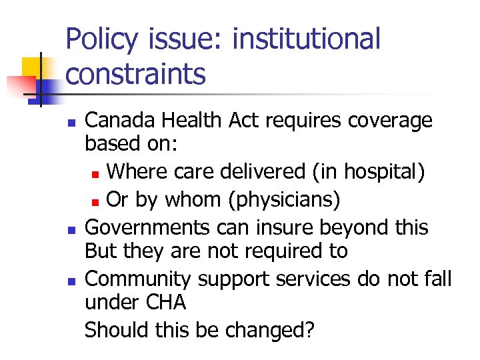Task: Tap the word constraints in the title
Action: tap(136, 74)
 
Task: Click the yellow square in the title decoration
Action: tap(34, 67)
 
